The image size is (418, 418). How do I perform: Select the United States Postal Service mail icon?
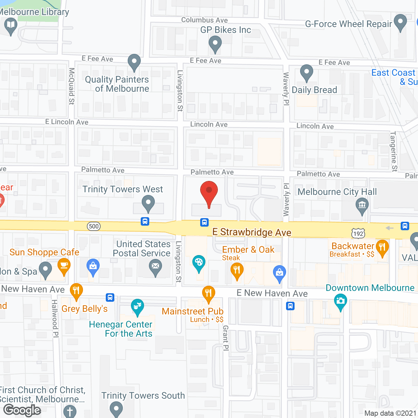155,267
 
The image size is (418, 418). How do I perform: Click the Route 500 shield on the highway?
94,226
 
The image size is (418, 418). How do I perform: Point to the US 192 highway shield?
358,233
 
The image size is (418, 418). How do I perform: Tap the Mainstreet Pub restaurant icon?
208,293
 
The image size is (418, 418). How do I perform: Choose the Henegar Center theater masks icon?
137,306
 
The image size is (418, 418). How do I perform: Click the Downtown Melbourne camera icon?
341,301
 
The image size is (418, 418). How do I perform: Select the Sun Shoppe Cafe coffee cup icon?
64,265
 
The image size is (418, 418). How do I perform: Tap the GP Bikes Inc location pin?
215,43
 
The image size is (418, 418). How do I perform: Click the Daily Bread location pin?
306,72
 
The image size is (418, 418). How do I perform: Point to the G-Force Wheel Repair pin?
400,22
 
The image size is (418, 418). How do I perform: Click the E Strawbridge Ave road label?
252,232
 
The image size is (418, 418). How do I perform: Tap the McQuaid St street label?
72,86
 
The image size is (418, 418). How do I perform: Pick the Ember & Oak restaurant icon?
237,270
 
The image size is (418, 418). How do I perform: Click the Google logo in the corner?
22,410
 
